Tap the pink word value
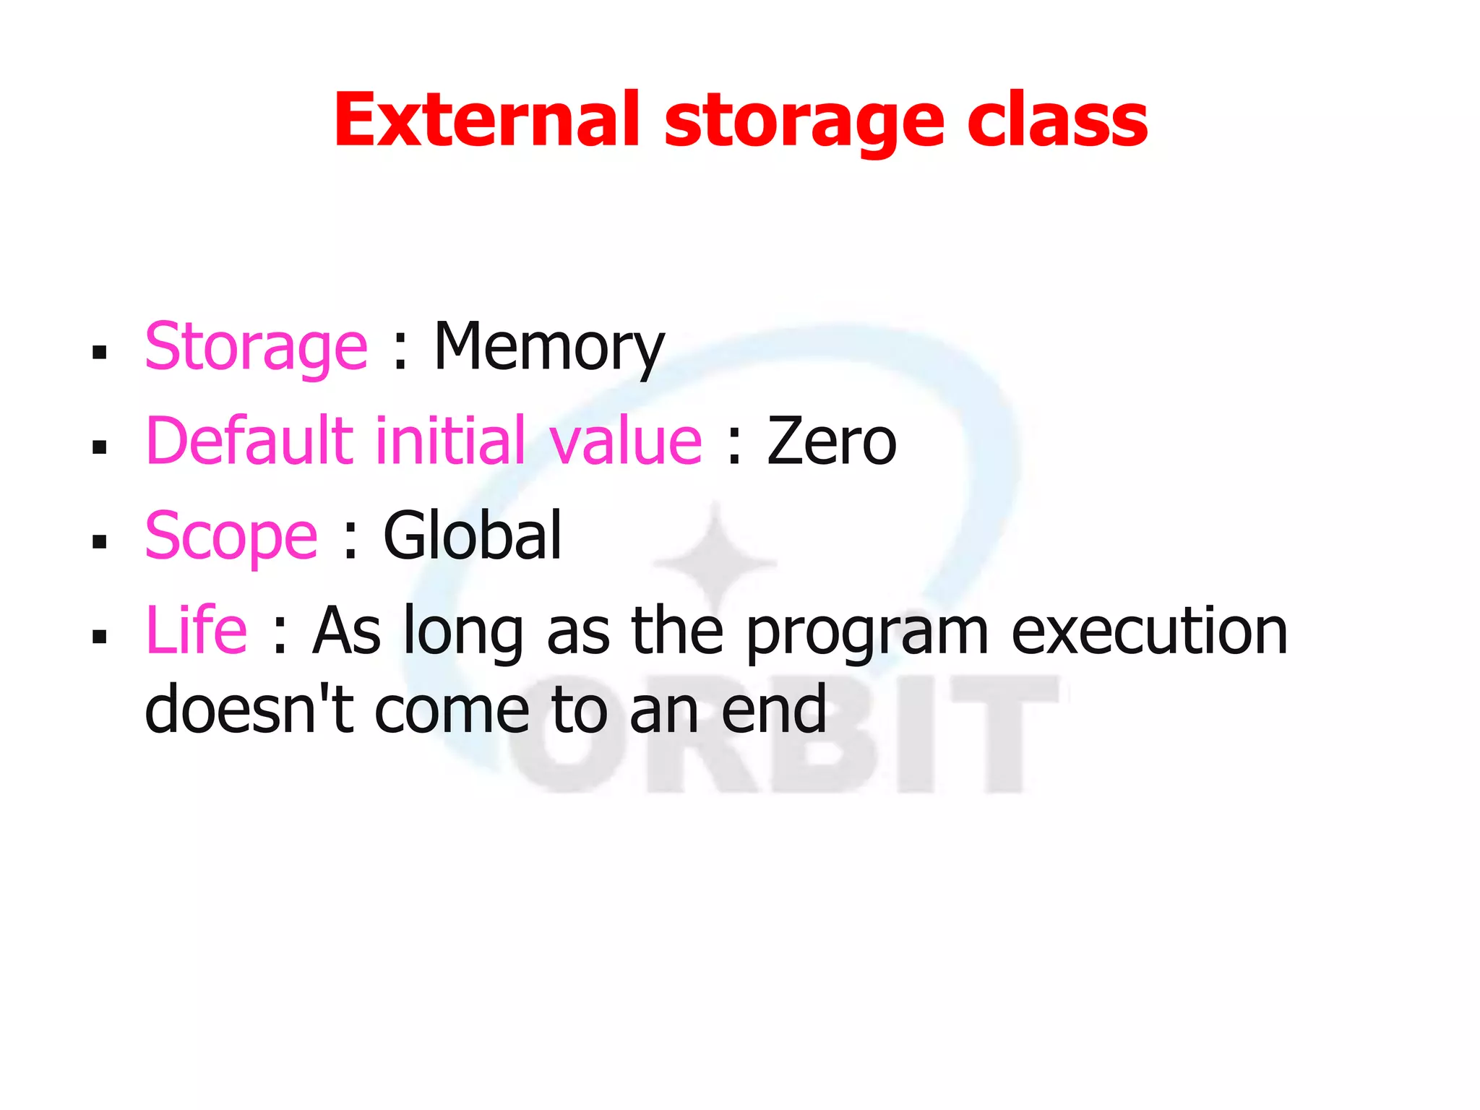pos(625,442)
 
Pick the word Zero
pos(831,442)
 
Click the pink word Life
pos(197,630)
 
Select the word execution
pos(1149,632)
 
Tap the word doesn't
pos(249,710)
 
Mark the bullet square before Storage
pos(100,353)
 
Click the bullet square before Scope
pos(100,542)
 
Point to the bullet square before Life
pos(100,637)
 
